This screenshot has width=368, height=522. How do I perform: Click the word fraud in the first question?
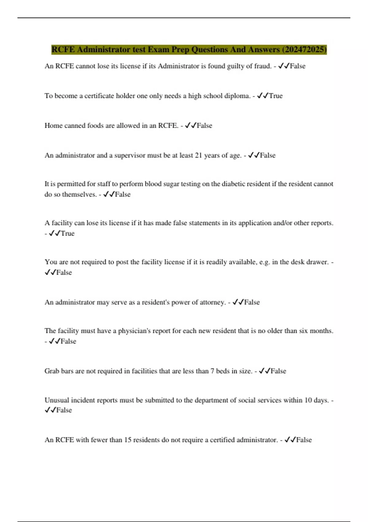coord(263,66)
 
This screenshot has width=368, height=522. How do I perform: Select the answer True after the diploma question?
coord(276,96)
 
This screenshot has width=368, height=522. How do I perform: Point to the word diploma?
coord(237,96)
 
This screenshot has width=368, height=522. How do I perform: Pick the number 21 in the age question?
coord(198,155)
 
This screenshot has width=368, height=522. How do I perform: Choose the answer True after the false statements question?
coord(67,233)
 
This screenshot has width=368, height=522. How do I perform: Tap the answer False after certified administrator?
coord(304,440)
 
